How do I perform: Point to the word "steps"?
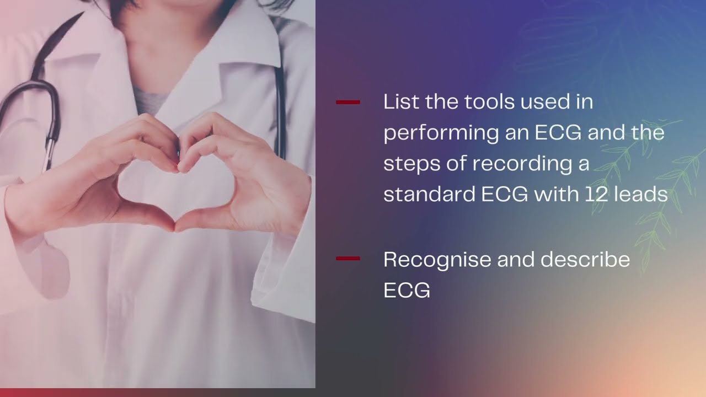tap(412, 164)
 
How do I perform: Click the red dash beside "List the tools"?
tap(347, 103)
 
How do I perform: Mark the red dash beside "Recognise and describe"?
tap(347, 258)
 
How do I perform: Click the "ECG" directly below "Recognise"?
tap(407, 291)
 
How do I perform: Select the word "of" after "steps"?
tap(457, 164)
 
